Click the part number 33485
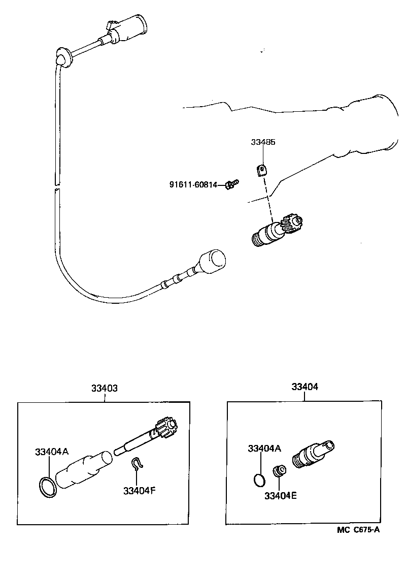[x=263, y=143]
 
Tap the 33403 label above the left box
[x=105, y=388]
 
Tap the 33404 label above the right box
[x=304, y=387]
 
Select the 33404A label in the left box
[x=51, y=452]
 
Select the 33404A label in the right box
[x=264, y=448]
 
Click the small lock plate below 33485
[x=261, y=170]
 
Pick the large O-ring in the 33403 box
[x=47, y=486]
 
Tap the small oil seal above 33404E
[x=279, y=471]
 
